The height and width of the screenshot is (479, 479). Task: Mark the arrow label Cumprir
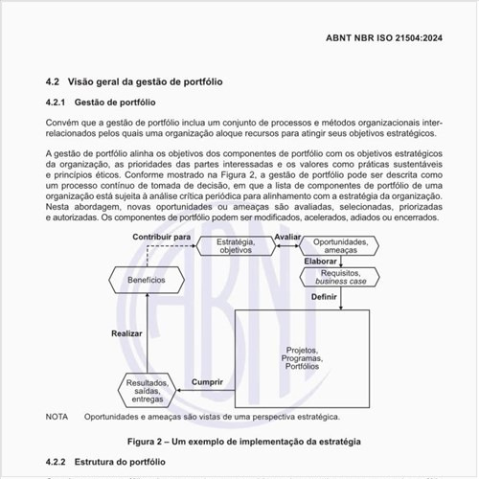(208, 382)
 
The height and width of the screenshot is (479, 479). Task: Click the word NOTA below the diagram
(57, 417)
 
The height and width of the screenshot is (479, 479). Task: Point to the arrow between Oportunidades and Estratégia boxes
(286, 246)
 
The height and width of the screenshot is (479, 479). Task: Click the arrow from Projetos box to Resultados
(206, 391)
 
